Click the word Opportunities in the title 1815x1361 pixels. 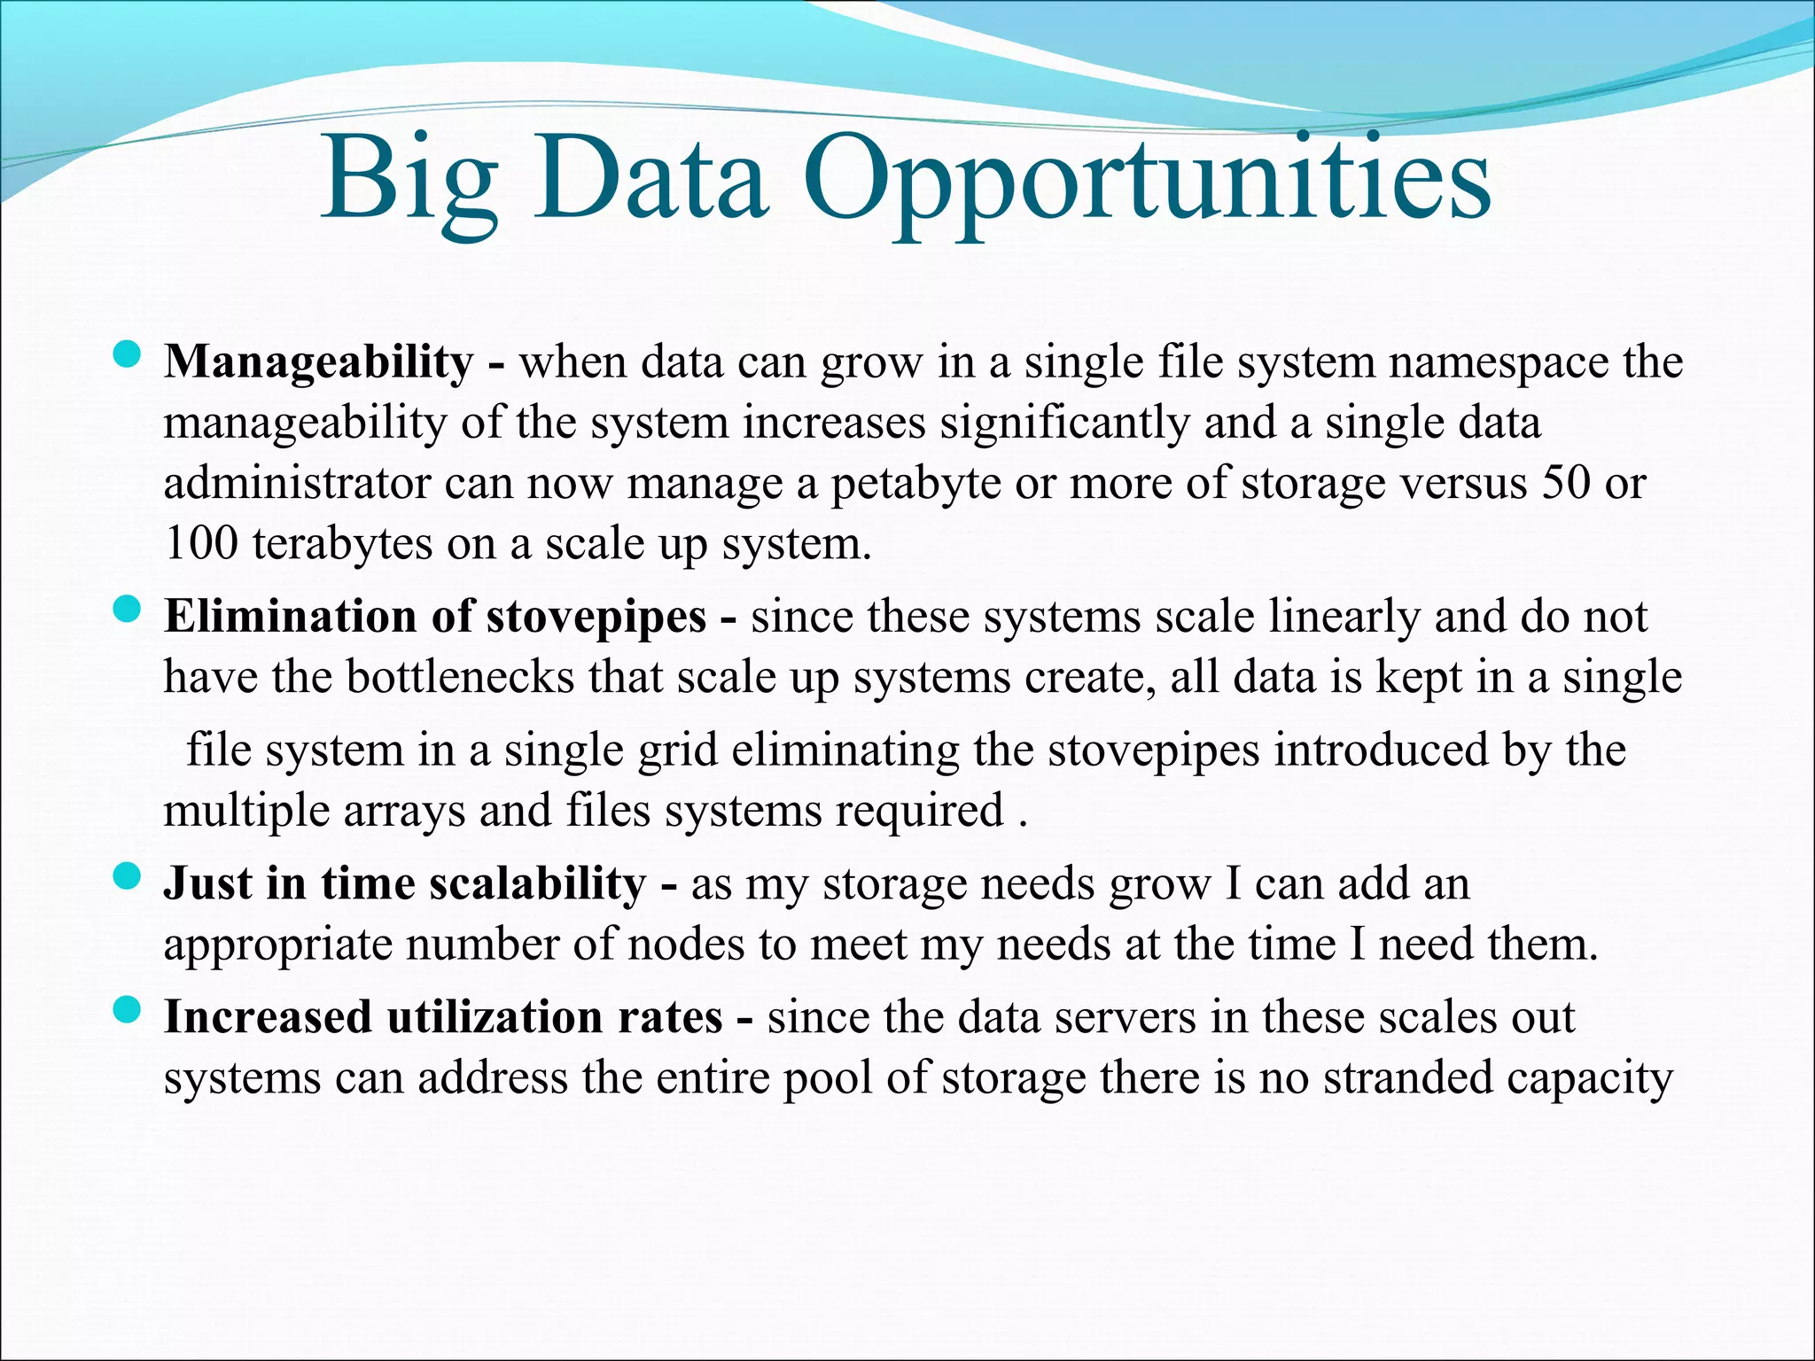(x=1148, y=182)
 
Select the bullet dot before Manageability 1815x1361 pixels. (x=128, y=356)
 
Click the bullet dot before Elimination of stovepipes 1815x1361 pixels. (x=128, y=610)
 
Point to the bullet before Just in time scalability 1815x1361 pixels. (x=128, y=877)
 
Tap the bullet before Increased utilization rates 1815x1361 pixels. (x=128, y=1010)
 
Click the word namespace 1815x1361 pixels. (x=1499, y=362)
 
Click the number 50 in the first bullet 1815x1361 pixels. (x=1566, y=482)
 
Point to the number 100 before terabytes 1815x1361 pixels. (x=201, y=542)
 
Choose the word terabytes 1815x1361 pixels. (x=343, y=544)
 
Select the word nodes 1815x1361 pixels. (x=686, y=945)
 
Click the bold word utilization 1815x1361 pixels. (x=495, y=1016)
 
